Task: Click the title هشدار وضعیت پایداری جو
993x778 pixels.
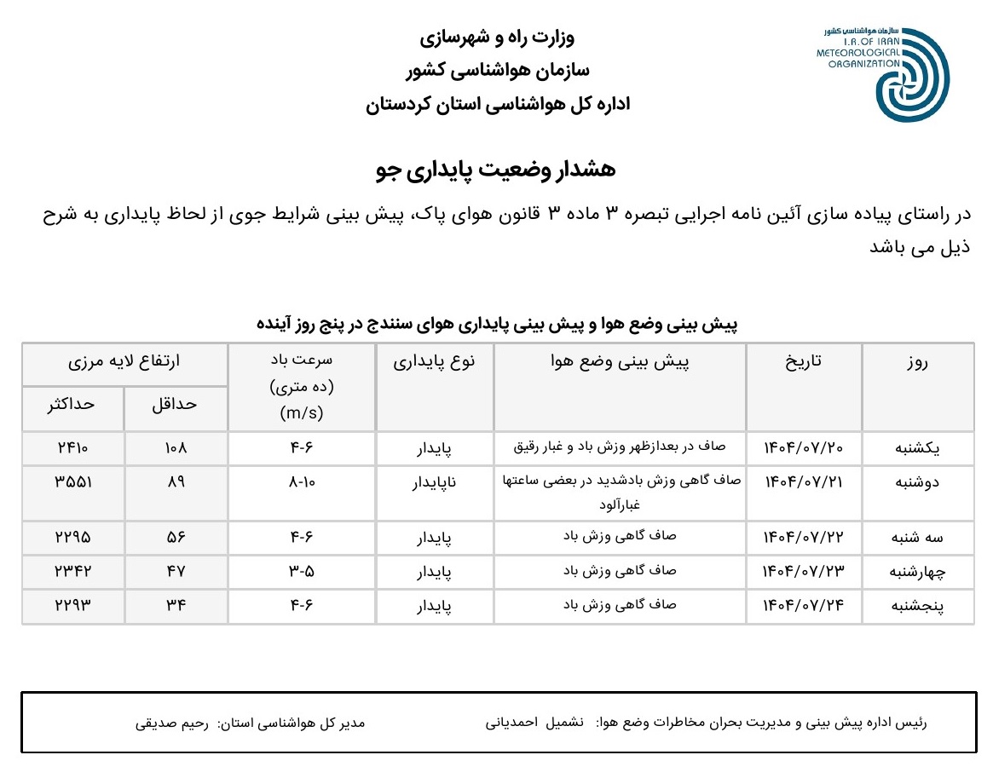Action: [x=495, y=170]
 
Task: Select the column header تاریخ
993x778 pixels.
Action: [x=803, y=361]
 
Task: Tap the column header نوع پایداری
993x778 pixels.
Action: [x=434, y=361]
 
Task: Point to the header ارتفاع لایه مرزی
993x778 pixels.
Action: [x=124, y=361]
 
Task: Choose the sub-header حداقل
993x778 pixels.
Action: [x=175, y=405]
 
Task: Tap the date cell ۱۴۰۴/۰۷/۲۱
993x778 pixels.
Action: [x=803, y=481]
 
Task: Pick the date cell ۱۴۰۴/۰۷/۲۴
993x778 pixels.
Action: [x=803, y=606]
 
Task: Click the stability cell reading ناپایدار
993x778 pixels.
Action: [x=434, y=482]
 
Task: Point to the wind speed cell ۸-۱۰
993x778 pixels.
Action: [x=302, y=481]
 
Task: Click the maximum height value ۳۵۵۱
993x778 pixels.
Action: [x=72, y=481]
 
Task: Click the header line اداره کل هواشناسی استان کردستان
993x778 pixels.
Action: [x=497, y=105]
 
